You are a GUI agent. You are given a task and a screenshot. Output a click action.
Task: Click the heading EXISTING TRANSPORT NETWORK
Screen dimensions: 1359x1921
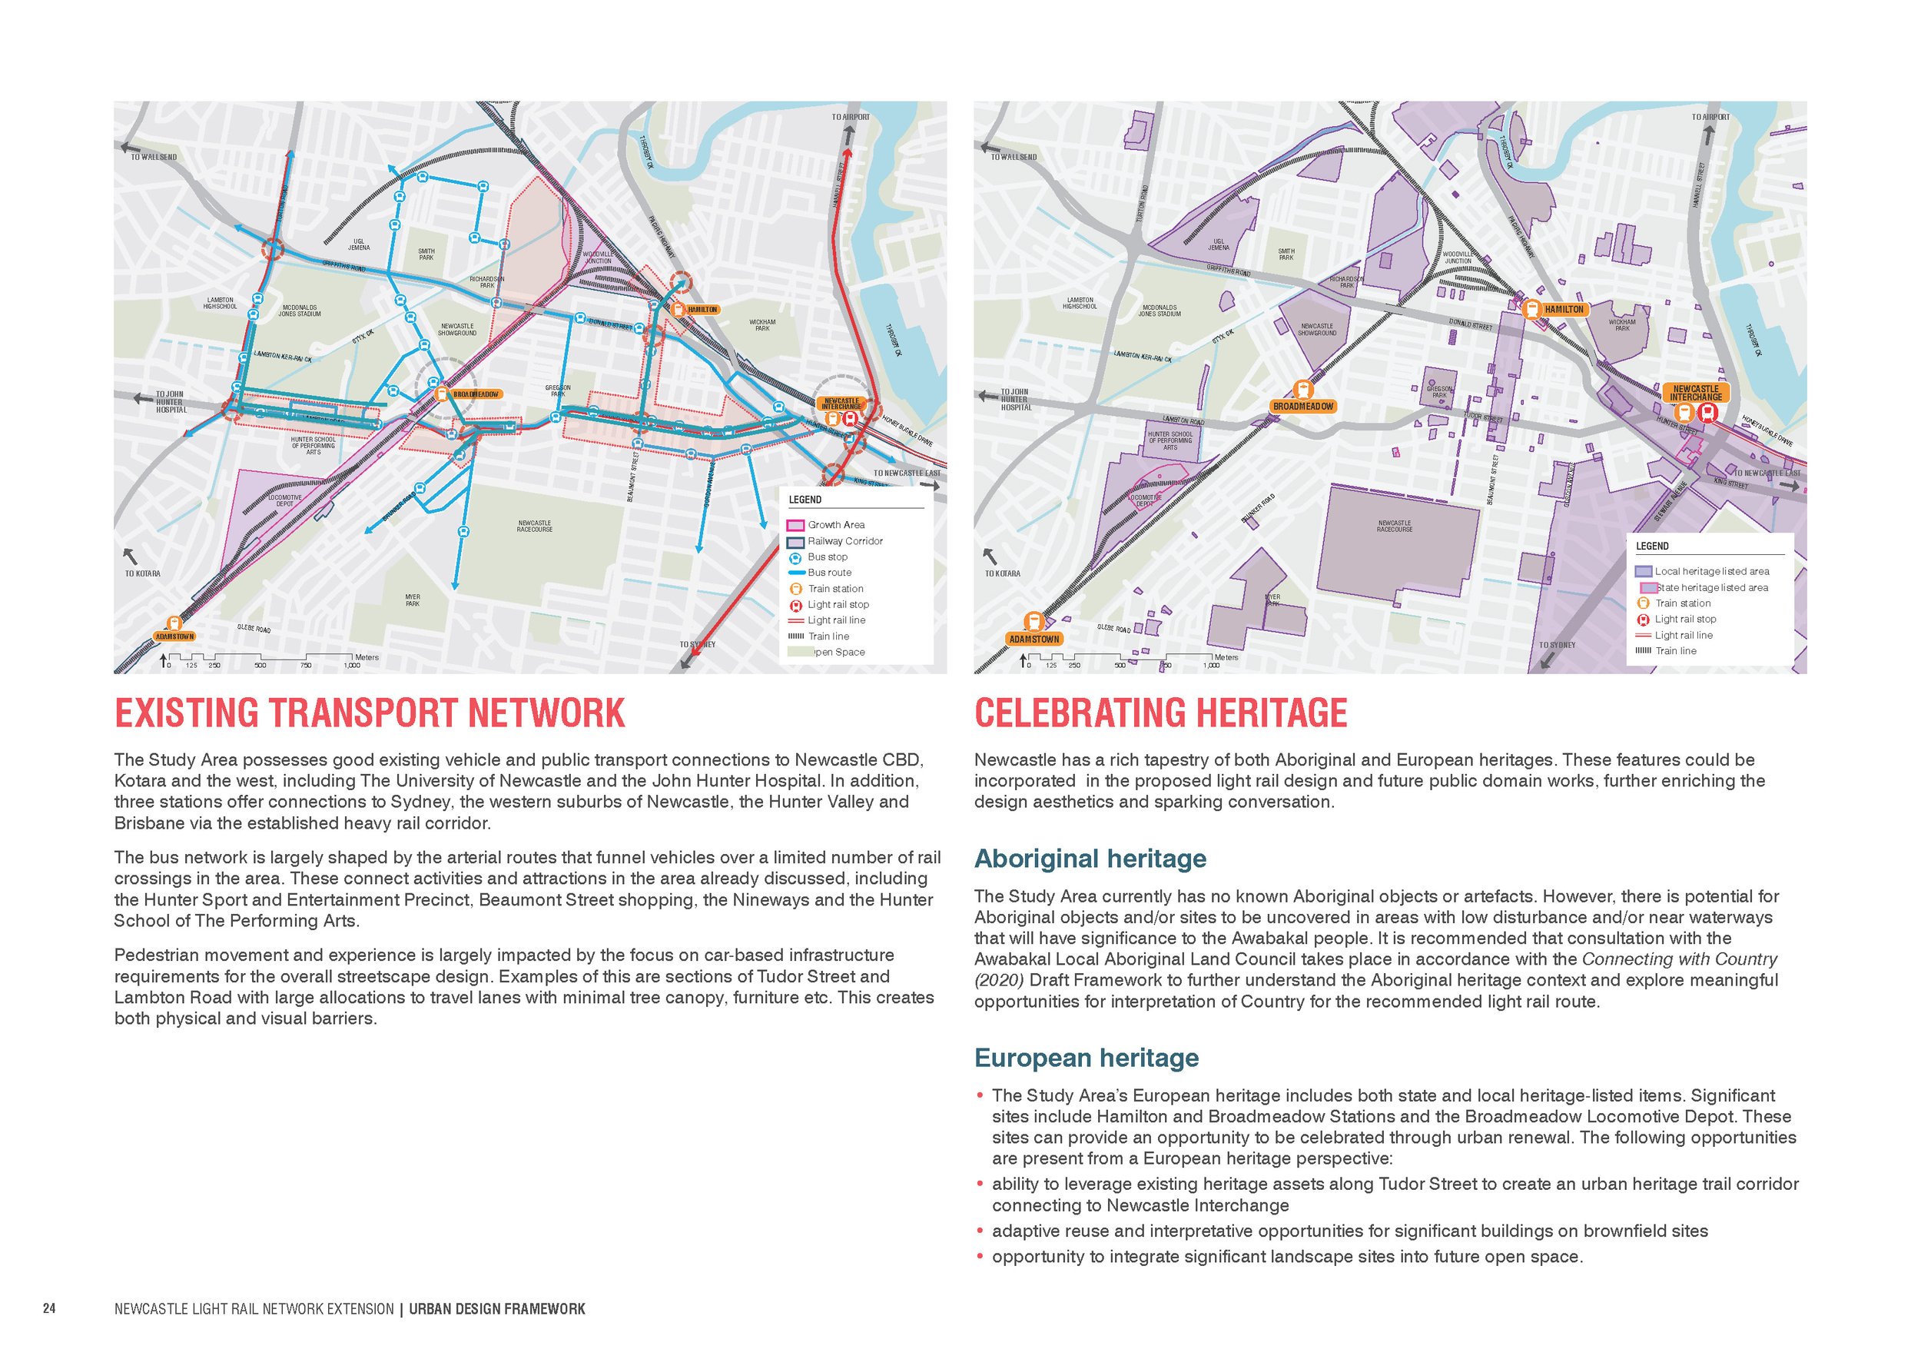[x=369, y=713]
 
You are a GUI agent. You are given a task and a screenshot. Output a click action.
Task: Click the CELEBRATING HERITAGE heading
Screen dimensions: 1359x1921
[x=1160, y=713]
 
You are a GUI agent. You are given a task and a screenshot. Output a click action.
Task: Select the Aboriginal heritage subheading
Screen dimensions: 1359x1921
[x=1090, y=859]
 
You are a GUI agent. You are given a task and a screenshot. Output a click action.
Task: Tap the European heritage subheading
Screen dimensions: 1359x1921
[x=1086, y=1058]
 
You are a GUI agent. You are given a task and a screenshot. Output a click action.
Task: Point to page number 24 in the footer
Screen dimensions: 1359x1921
[x=49, y=1309]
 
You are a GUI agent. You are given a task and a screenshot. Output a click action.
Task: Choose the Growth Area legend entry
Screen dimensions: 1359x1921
[x=835, y=525]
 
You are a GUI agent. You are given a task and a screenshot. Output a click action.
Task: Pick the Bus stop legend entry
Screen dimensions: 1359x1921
[x=827, y=557]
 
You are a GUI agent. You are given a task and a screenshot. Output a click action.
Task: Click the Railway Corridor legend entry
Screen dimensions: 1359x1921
[x=844, y=540]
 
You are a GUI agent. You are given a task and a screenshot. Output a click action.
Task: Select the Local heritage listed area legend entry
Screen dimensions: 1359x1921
[x=1711, y=572]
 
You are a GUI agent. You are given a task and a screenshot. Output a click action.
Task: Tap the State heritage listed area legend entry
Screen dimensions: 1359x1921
[x=1711, y=587]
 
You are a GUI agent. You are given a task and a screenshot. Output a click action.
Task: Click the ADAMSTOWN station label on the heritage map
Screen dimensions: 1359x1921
[x=1034, y=640]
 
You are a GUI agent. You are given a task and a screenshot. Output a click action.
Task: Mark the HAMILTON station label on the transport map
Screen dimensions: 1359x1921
[x=702, y=310]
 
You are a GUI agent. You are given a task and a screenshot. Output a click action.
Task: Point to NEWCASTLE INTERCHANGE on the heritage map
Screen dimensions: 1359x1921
[x=1695, y=393]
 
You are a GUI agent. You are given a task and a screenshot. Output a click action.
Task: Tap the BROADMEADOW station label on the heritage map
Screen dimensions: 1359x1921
[x=1302, y=407]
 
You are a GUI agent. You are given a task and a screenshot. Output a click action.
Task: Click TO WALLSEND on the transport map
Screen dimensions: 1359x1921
[x=153, y=157]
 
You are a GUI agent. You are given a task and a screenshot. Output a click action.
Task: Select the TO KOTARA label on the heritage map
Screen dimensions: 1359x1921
[x=1002, y=574]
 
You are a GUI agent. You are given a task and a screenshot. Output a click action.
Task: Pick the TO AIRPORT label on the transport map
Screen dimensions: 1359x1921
[x=850, y=117]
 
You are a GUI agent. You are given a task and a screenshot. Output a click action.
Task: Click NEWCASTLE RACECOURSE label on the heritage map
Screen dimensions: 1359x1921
[x=1394, y=527]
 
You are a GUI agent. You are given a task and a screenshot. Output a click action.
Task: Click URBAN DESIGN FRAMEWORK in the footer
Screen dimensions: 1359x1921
[x=497, y=1309]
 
